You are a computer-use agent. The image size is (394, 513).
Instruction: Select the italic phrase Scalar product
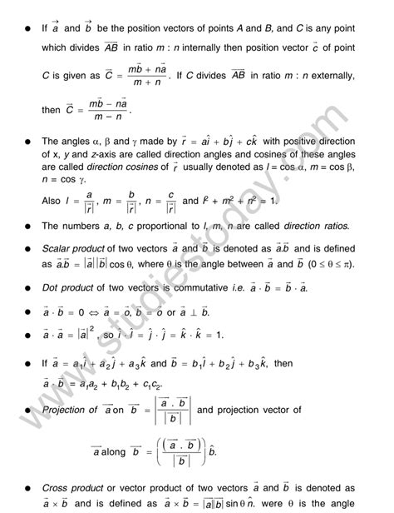coord(76,249)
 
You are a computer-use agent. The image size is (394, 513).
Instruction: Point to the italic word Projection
coord(71,409)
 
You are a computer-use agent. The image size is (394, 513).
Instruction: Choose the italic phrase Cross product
coord(74,489)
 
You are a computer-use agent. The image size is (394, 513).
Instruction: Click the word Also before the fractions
coord(52,202)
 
